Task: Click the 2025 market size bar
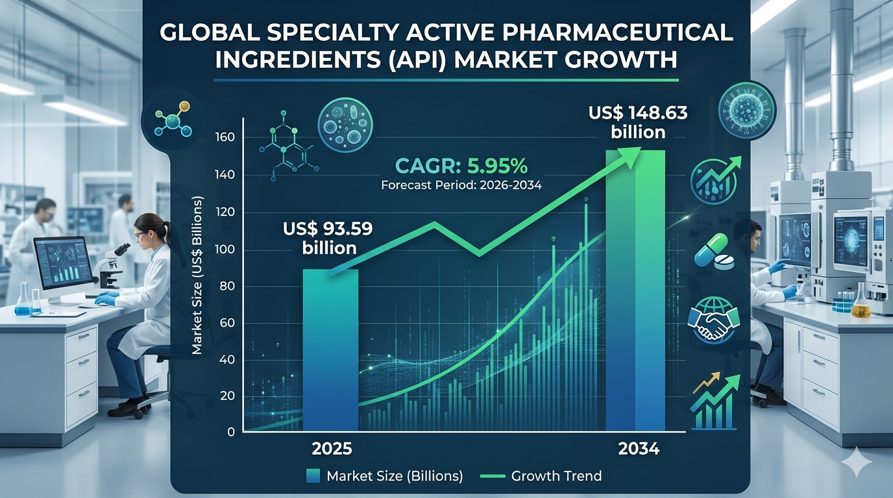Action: pyautogui.click(x=330, y=350)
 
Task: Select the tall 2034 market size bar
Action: pyautogui.click(x=635, y=290)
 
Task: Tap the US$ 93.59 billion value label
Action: pyautogui.click(x=328, y=238)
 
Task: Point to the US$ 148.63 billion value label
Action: pyautogui.click(x=638, y=123)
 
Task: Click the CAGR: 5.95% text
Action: pyautogui.click(x=461, y=167)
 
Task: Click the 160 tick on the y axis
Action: pyautogui.click(x=225, y=137)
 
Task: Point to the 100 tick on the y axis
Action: pyautogui.click(x=225, y=250)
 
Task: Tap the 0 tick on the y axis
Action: pyautogui.click(x=231, y=432)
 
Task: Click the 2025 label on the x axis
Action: pyautogui.click(x=332, y=449)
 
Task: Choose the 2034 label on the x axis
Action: pyautogui.click(x=639, y=449)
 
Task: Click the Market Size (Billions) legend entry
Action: pyautogui.click(x=384, y=476)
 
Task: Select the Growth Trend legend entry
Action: pyautogui.click(x=541, y=476)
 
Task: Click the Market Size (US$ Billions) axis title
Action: pyautogui.click(x=197, y=275)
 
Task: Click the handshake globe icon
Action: pyautogui.click(x=714, y=320)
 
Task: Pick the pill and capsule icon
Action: pyautogui.click(x=715, y=252)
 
